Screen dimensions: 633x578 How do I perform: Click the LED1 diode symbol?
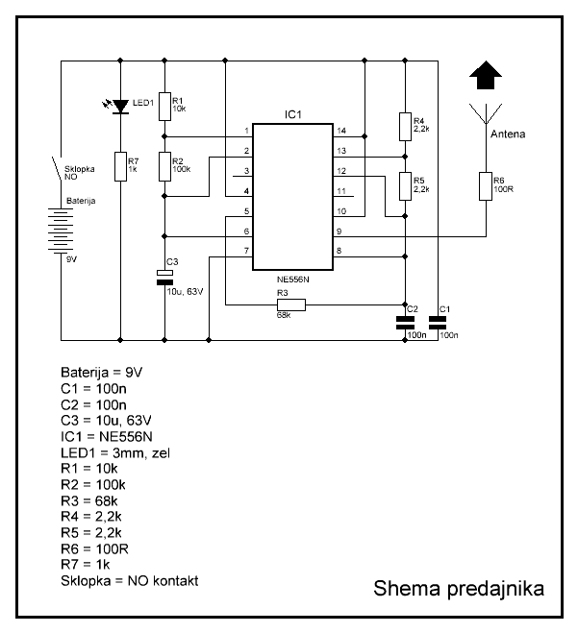click(120, 107)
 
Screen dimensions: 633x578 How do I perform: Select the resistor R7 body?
click(120, 165)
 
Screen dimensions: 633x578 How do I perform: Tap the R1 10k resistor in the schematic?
click(164, 105)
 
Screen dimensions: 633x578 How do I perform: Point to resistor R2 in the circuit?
click(164, 165)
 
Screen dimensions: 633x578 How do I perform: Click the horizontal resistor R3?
click(290, 304)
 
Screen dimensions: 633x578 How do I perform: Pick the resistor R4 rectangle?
click(405, 125)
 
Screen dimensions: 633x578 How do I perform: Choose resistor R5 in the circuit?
click(405, 183)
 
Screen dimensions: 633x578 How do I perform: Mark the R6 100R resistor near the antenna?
click(485, 185)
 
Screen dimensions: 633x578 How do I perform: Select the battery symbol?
click(61, 231)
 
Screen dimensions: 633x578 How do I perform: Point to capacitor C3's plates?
click(164, 278)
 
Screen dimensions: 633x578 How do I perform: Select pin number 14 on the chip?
click(340, 130)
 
